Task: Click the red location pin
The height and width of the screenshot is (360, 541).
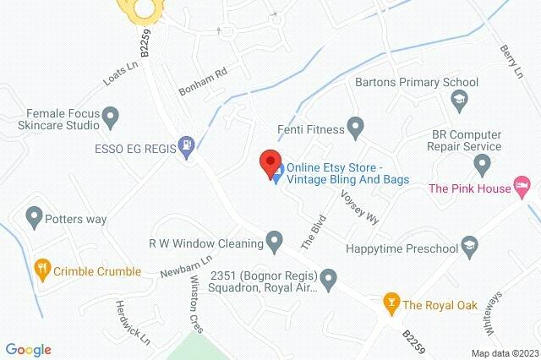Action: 270,161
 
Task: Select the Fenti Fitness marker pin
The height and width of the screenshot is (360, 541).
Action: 356,129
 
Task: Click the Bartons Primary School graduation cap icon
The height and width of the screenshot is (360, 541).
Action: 459,100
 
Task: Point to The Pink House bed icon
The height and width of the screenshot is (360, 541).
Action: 523,184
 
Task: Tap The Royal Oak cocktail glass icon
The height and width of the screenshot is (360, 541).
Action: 391,302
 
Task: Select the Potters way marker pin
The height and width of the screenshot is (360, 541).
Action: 35,218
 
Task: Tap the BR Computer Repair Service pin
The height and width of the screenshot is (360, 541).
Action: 483,163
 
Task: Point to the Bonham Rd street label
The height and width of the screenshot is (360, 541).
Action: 203,81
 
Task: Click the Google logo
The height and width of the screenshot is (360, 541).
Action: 28,349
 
